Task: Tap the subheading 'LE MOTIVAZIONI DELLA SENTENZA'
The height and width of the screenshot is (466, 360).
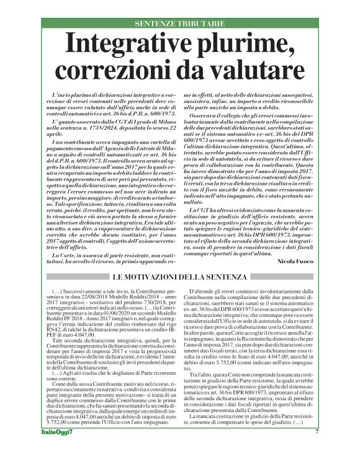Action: [x=179, y=258]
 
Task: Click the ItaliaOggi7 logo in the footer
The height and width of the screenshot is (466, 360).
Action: [x=55, y=449]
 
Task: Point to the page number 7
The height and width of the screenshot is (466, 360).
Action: [x=316, y=449]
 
